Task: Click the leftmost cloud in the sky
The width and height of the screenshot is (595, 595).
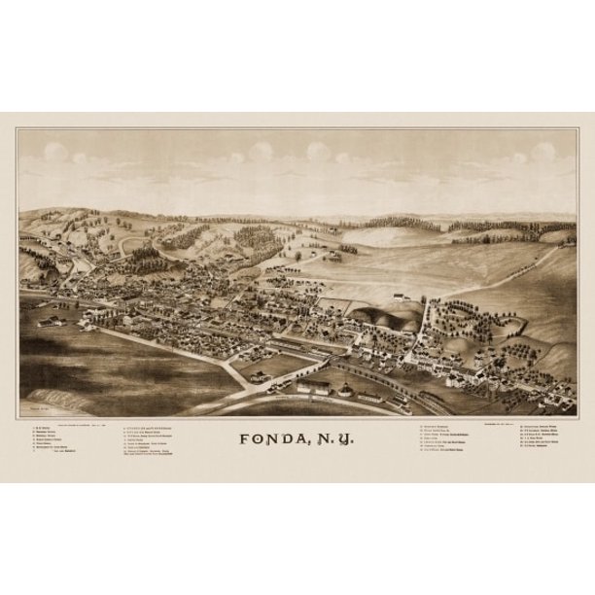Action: pos(55,153)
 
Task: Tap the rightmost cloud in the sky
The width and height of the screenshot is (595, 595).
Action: pos(542,153)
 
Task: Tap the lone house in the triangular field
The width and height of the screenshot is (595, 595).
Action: pos(258,373)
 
